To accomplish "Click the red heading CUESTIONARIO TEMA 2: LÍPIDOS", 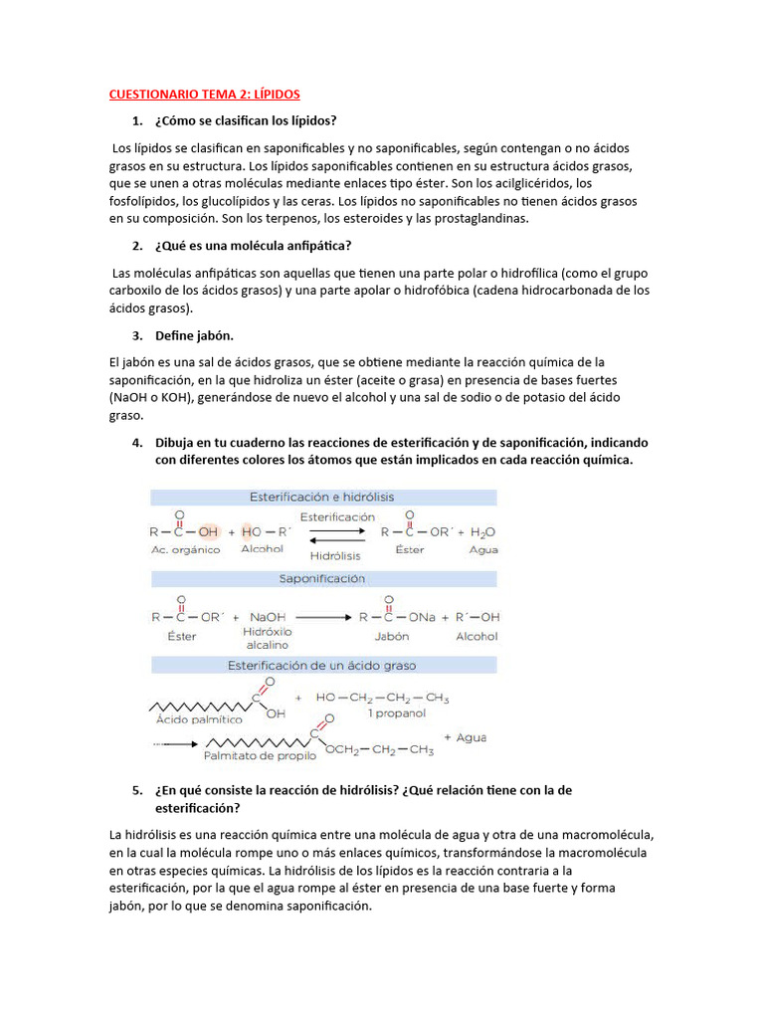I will coord(204,94).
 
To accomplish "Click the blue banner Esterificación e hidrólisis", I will coord(323,497).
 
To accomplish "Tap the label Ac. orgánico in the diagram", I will coord(185,550).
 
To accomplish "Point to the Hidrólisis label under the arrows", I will coord(335,556).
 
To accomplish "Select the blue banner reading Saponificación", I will coord(323,578).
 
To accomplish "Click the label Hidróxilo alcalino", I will coord(266,638).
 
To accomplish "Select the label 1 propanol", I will coord(396,714).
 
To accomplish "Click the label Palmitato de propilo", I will coord(260,756).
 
